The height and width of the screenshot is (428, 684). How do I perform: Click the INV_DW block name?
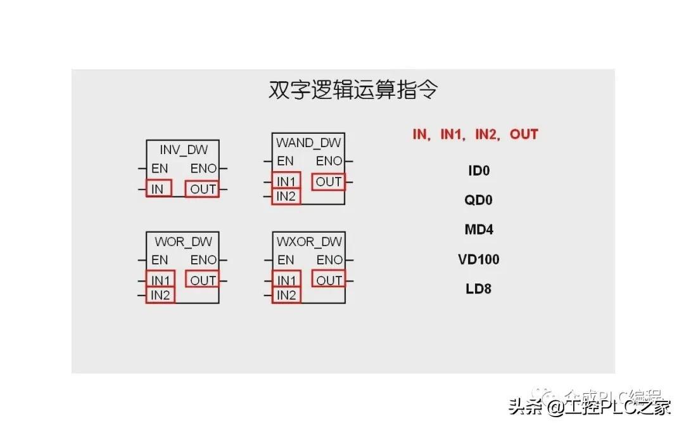coord(183,150)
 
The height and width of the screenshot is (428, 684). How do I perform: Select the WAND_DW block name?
coord(308,143)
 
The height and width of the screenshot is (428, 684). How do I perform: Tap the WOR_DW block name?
coord(183,242)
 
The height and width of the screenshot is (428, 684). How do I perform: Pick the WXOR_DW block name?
coord(309,242)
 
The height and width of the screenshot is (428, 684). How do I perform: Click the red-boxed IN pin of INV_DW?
coord(158,189)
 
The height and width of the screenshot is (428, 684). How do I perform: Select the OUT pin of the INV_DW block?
coord(203,189)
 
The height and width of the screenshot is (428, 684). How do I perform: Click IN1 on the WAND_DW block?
coord(286,181)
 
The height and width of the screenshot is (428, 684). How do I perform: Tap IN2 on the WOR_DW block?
coord(160,295)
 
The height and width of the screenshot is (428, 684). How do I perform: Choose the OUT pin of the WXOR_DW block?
coord(329,280)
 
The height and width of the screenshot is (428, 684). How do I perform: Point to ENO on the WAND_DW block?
coord(329,161)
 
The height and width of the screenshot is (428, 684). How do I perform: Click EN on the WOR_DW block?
coord(160,260)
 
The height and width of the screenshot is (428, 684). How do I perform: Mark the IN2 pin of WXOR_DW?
coord(286,295)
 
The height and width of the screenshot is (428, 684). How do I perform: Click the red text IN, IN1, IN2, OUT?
coord(475,134)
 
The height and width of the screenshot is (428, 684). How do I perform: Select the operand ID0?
coord(479,171)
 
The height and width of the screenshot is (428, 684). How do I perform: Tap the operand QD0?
coord(479,200)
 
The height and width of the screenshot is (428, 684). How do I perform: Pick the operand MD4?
coord(479,230)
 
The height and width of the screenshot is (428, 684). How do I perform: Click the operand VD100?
coord(479,259)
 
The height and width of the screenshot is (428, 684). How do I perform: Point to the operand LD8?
coord(479,289)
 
